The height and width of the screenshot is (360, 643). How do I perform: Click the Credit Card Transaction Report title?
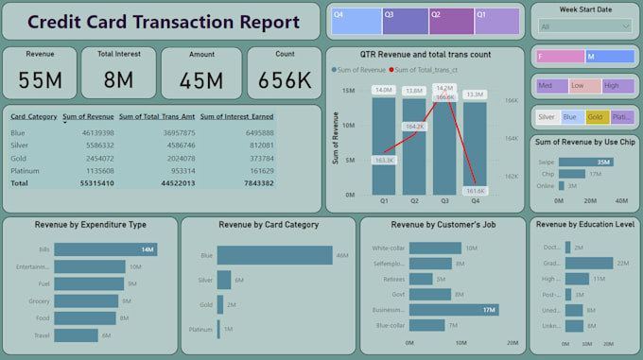(x=161, y=21)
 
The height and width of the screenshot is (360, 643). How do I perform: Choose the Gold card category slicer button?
(x=596, y=117)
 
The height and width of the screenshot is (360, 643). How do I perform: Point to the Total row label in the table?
(x=20, y=183)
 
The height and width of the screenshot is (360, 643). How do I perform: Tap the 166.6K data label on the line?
(x=443, y=97)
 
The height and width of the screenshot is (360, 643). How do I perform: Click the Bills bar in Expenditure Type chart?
(x=105, y=249)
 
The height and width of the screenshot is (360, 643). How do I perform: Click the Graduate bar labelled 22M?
(x=590, y=264)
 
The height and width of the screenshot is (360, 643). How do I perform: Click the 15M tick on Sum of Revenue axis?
(x=348, y=91)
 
